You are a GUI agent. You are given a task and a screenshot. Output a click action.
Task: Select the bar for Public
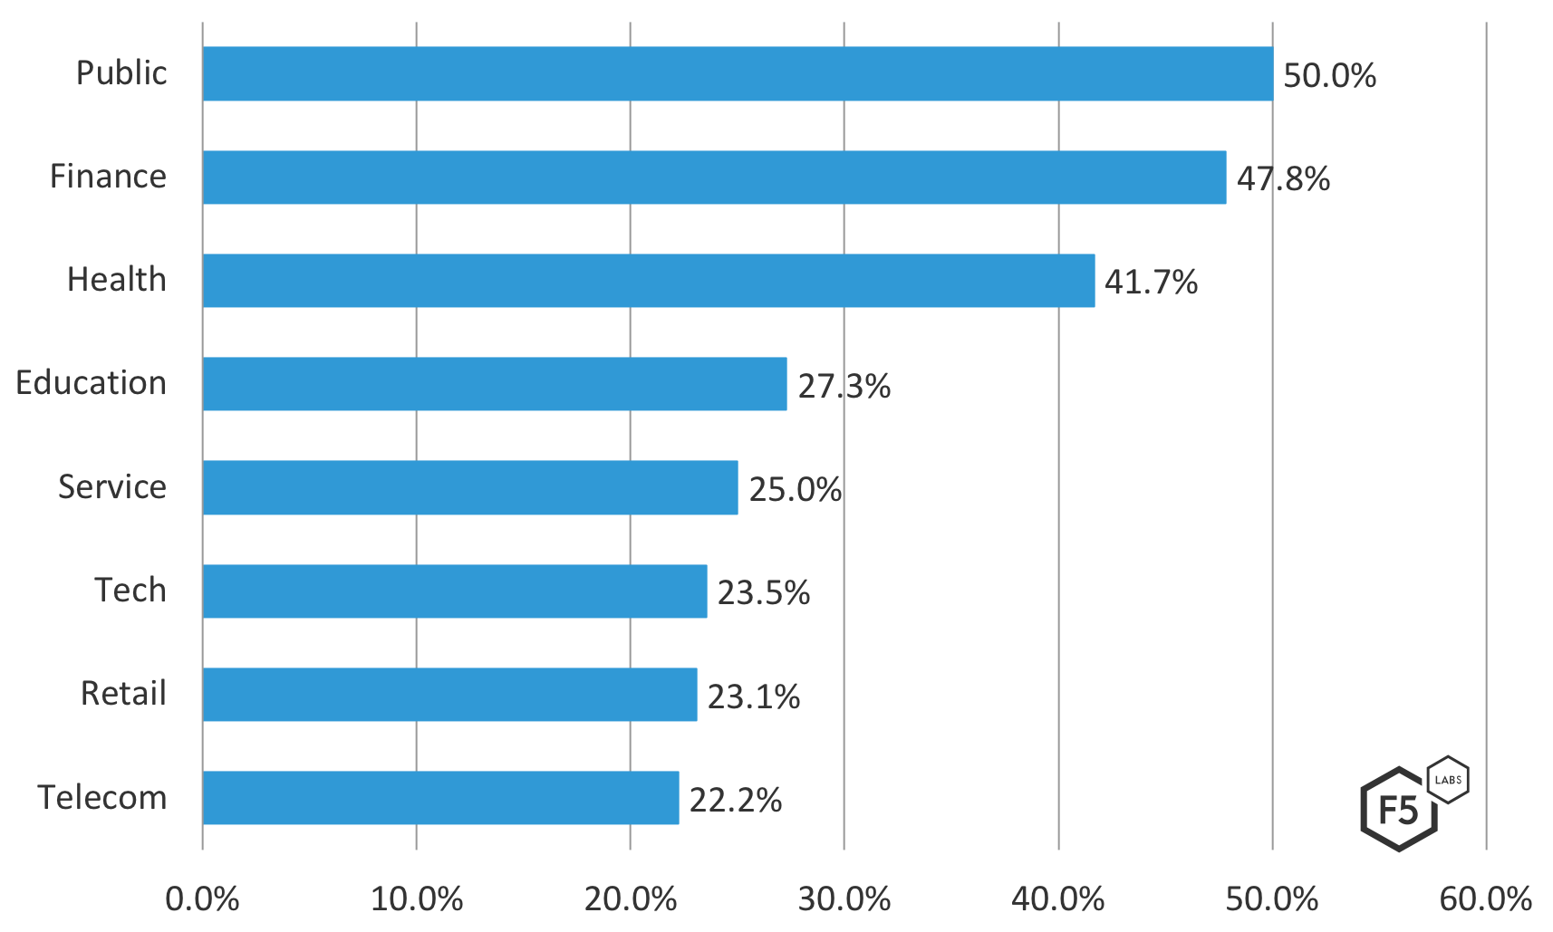738,74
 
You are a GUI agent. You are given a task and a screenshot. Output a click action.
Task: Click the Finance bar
714,178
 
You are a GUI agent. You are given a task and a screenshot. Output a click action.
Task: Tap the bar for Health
649,281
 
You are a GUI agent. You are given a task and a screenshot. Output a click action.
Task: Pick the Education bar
495,384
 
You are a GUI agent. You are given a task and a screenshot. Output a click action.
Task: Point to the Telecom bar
440,798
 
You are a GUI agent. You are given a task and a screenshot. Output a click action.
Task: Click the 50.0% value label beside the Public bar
1329,75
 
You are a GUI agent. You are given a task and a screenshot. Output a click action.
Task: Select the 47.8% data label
1283,179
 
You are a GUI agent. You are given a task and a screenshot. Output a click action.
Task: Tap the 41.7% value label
1151,283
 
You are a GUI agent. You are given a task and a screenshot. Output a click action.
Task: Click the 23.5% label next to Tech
763,593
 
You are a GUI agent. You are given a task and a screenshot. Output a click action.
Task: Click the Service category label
112,487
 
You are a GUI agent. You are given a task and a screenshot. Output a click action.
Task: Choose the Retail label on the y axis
123,694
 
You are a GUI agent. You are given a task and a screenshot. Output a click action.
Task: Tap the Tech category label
130,591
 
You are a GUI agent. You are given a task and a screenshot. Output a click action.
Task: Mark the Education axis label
92,383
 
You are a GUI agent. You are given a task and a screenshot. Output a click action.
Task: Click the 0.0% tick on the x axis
202,899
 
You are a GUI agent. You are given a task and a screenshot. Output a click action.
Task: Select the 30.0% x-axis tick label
844,899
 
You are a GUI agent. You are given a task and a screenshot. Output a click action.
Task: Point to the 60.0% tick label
1485,899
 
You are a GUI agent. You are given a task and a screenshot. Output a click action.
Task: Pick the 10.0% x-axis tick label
416,899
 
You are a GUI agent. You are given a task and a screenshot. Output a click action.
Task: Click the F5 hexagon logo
1398,810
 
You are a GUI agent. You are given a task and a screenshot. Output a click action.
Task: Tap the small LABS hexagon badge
1448,780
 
